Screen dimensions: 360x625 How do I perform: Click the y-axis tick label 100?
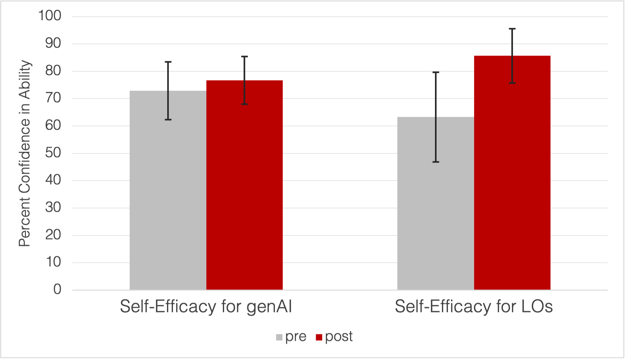click(50, 16)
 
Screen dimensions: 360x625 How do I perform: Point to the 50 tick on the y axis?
click(53, 153)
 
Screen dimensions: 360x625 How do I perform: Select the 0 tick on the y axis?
click(57, 289)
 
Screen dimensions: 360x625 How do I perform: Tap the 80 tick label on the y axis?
click(53, 71)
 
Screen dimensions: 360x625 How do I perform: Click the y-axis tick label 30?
click(53, 208)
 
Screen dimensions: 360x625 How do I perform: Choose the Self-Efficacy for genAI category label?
click(206, 306)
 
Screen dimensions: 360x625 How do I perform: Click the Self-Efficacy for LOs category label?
click(473, 306)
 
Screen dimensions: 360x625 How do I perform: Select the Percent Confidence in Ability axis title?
click(25, 153)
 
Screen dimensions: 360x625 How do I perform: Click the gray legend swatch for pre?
click(279, 337)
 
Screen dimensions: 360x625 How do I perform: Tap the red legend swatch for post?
click(319, 337)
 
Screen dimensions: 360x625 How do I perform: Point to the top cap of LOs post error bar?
click(512, 29)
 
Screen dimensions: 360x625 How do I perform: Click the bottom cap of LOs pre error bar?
click(436, 162)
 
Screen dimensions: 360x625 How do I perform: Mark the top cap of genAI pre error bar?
click(168, 62)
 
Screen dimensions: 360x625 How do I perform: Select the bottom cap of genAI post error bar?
click(244, 104)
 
